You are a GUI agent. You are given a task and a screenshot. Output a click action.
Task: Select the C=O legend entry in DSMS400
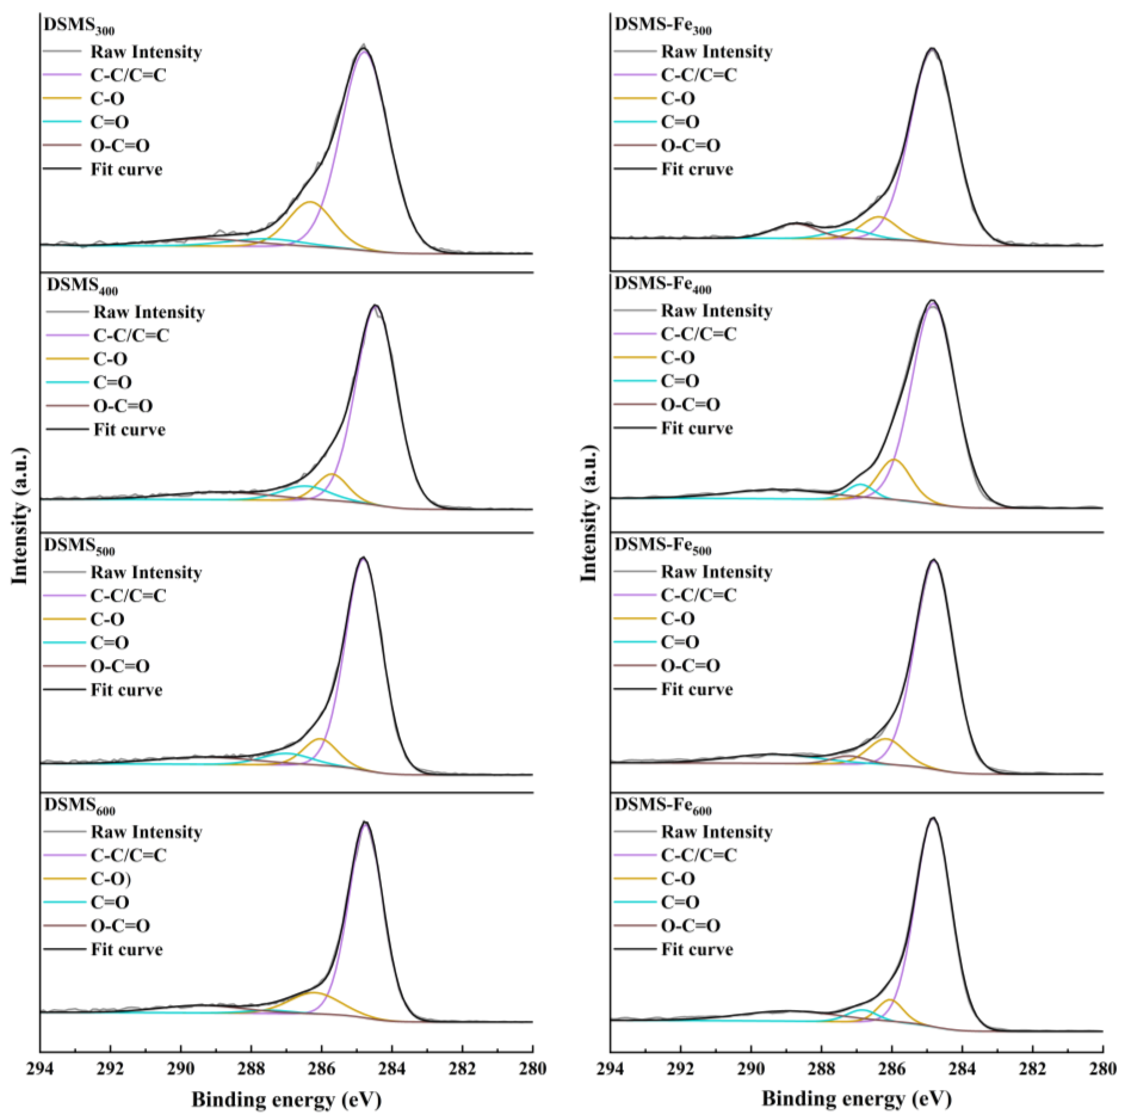point(112,382)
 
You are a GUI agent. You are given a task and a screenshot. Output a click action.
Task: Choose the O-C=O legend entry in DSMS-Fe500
point(691,665)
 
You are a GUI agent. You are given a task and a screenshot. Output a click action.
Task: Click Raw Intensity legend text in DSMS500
point(146,572)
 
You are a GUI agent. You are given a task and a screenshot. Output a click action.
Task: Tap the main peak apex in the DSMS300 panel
point(363,49)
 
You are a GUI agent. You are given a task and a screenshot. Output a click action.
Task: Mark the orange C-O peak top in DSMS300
point(310,202)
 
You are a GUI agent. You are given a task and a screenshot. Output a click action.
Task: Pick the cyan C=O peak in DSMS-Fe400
point(861,484)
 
